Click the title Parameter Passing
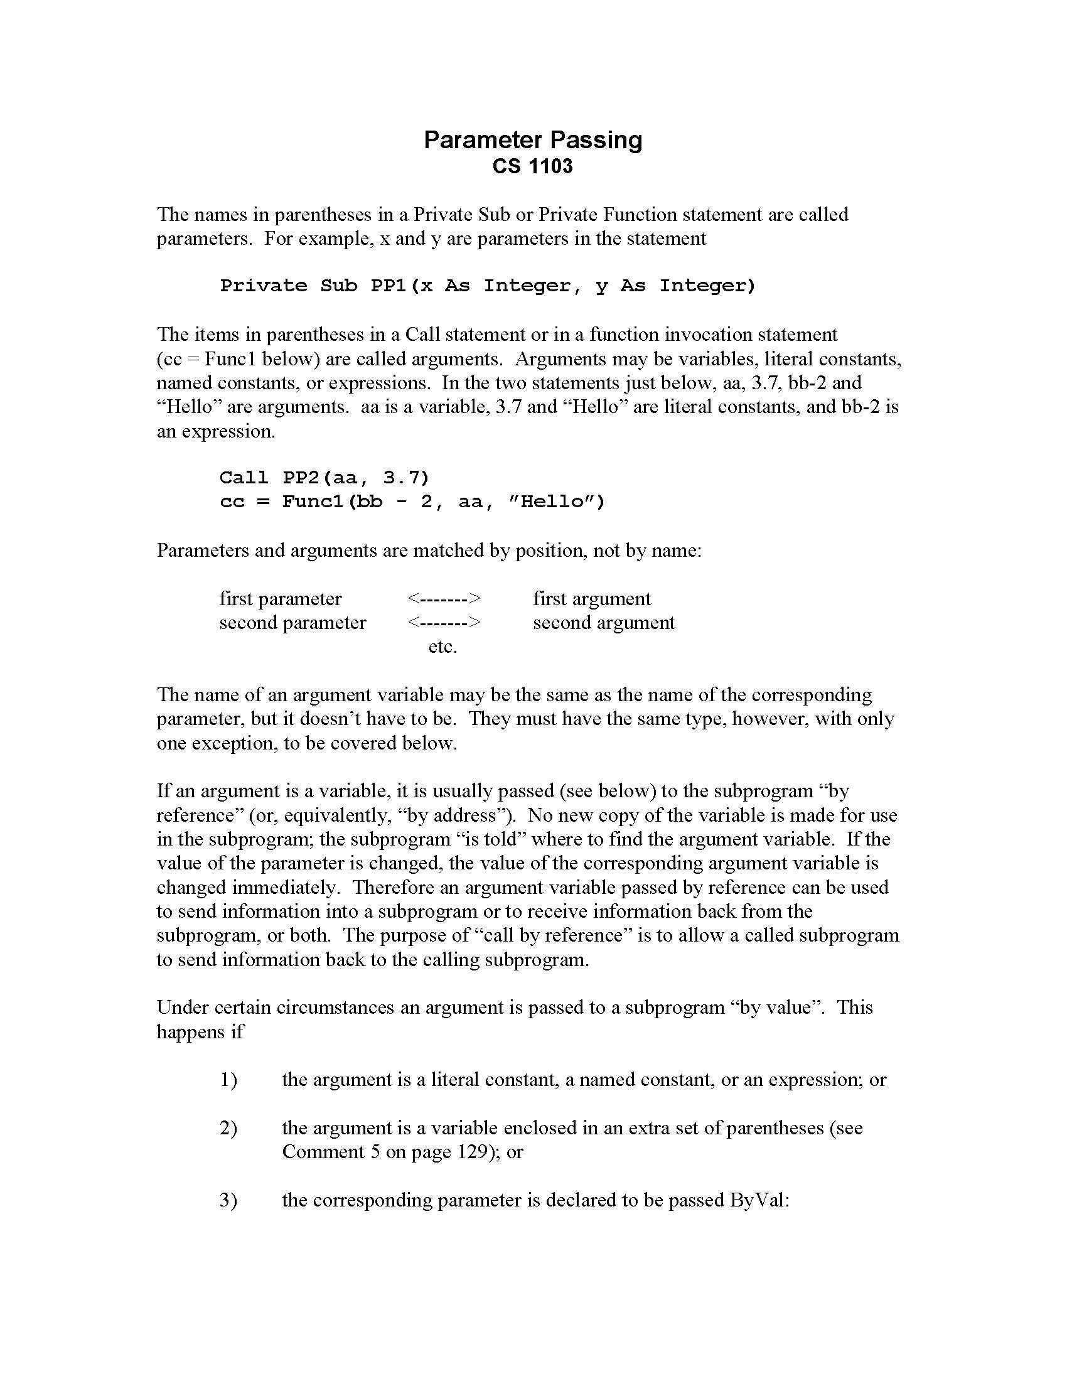(x=532, y=140)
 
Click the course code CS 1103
(x=532, y=166)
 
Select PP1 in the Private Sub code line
(x=387, y=286)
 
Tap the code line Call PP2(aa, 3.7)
(x=324, y=477)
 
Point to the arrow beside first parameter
(x=444, y=598)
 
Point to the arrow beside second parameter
(x=444, y=622)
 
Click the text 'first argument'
(x=592, y=598)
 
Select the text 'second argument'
(x=604, y=622)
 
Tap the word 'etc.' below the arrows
(x=442, y=647)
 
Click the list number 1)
(x=228, y=1080)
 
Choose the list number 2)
(x=228, y=1128)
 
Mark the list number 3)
(x=228, y=1200)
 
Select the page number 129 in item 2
(x=471, y=1152)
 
